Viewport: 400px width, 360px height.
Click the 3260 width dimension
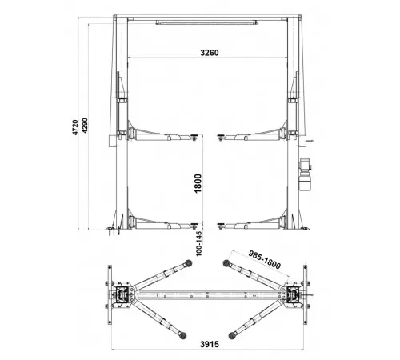[210, 53]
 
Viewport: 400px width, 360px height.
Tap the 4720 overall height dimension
[75, 127]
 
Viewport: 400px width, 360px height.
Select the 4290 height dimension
[85, 126]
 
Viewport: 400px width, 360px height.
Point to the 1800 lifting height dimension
[198, 183]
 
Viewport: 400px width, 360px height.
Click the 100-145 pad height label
[199, 244]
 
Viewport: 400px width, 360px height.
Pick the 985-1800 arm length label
[265, 260]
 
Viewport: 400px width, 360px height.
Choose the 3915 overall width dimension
[210, 344]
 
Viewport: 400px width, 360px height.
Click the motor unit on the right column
[305, 174]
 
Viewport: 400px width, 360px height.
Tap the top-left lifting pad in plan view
[189, 262]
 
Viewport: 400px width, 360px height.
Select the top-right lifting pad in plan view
[226, 263]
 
